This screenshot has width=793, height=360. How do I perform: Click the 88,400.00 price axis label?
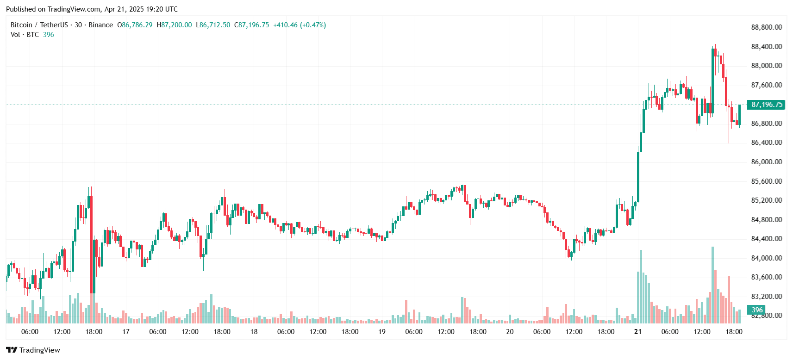coord(766,47)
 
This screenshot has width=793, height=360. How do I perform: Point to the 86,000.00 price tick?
coord(766,162)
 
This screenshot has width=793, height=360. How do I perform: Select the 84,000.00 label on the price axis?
coord(766,258)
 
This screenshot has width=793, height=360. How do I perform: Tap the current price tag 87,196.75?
coord(766,105)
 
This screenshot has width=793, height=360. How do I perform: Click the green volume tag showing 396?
coord(756,310)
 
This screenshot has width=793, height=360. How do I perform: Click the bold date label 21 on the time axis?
coord(638,332)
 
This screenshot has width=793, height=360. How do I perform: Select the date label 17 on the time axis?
coord(126,332)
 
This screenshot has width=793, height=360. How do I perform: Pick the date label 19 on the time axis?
coord(382,332)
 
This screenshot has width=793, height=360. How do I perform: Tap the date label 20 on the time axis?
coord(510,332)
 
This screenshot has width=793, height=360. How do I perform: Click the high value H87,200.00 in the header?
coord(174,25)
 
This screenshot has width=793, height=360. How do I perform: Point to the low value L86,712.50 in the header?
coord(213,25)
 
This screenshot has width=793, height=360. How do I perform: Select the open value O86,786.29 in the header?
coord(135,25)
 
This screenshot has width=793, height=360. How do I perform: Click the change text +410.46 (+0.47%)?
coord(300,25)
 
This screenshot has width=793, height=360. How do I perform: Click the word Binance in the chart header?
coord(100,25)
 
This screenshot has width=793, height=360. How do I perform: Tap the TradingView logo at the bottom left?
coord(33,350)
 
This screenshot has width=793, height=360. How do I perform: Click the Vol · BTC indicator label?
coord(25,35)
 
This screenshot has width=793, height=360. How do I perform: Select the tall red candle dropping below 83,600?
coord(92,245)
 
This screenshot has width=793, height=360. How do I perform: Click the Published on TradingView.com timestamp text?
coord(92,9)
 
